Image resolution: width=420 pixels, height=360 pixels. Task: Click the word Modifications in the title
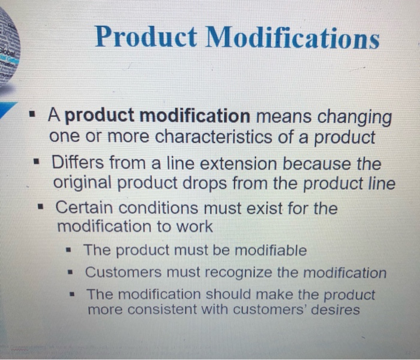pyautogui.click(x=293, y=38)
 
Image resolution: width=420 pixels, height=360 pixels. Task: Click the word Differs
pyautogui.click(x=76, y=163)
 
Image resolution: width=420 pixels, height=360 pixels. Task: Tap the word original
pyautogui.click(x=83, y=184)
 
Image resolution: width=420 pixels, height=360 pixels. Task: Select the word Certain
pyautogui.click(x=82, y=209)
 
